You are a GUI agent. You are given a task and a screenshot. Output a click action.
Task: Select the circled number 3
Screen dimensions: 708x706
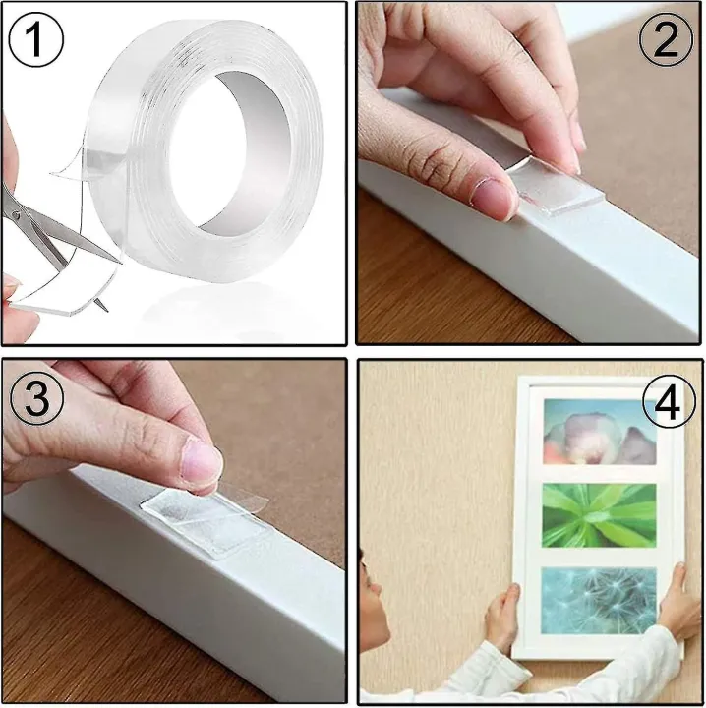(x=34, y=398)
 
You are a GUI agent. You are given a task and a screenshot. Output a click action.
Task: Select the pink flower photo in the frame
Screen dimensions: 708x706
(x=599, y=434)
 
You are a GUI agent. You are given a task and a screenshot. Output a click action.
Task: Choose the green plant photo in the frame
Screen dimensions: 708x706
(x=599, y=515)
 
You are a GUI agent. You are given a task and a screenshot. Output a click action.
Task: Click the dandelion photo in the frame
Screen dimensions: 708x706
(x=599, y=601)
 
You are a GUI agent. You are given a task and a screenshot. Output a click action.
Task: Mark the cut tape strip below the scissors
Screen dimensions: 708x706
(x=59, y=295)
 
